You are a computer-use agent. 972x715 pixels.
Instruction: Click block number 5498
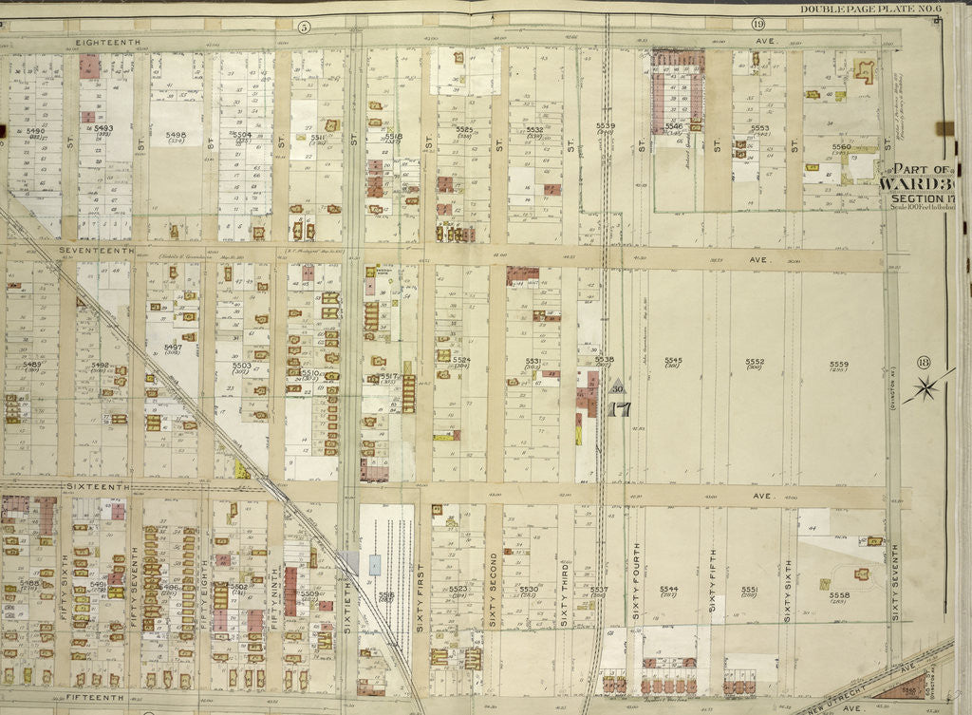[x=175, y=135]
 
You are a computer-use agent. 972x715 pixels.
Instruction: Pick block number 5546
[x=673, y=125]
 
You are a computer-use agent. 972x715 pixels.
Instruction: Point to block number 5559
[x=838, y=363]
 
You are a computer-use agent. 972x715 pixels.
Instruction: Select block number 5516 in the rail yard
[x=385, y=595]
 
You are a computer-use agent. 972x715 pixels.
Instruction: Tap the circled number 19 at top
[x=757, y=24]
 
